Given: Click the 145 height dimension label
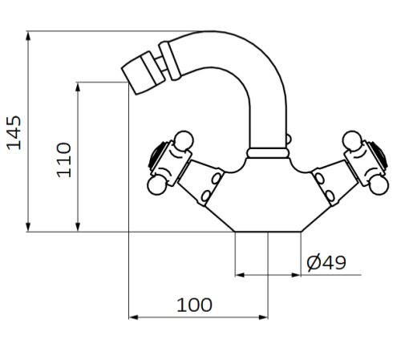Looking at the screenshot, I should point(14,132).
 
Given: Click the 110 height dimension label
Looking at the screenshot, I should point(64,159).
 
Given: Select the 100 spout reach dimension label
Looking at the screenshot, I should point(194,305).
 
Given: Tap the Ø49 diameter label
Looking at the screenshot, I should point(326,262).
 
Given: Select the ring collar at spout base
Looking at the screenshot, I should point(268,151).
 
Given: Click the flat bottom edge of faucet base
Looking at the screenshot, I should point(268,232).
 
